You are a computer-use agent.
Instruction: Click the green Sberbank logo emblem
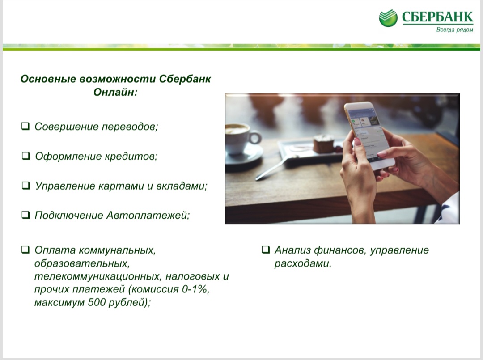click(x=388, y=18)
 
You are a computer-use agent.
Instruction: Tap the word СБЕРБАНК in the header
click(x=437, y=17)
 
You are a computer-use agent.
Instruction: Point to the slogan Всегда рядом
click(x=455, y=30)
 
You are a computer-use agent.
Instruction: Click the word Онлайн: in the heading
click(x=115, y=92)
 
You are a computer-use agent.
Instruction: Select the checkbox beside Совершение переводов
click(x=25, y=126)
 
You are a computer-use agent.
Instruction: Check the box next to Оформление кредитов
click(x=25, y=156)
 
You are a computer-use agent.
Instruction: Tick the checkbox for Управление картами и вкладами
click(x=25, y=186)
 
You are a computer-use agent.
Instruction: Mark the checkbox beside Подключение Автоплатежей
click(x=25, y=215)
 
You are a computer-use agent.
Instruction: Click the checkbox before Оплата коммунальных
click(x=25, y=250)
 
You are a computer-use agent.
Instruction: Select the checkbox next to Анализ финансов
click(x=266, y=250)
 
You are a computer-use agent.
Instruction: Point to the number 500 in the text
click(x=97, y=302)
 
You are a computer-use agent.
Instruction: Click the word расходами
click(x=303, y=263)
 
